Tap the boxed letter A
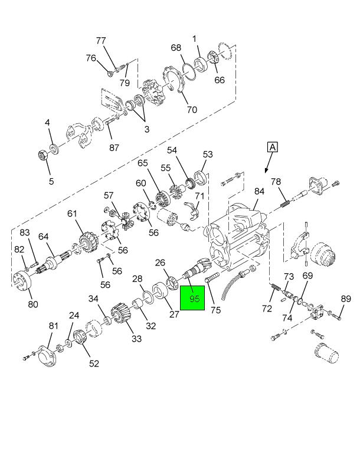coord(272,148)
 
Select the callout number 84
coord(259,191)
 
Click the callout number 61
coord(72,214)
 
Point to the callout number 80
coord(32,304)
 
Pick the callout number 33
coord(136,338)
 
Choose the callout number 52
coord(94,363)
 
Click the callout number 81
coord(53,326)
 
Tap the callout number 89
coord(346,299)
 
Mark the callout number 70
coord(191,109)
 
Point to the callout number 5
coord(51,181)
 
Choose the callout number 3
coord(147,129)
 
